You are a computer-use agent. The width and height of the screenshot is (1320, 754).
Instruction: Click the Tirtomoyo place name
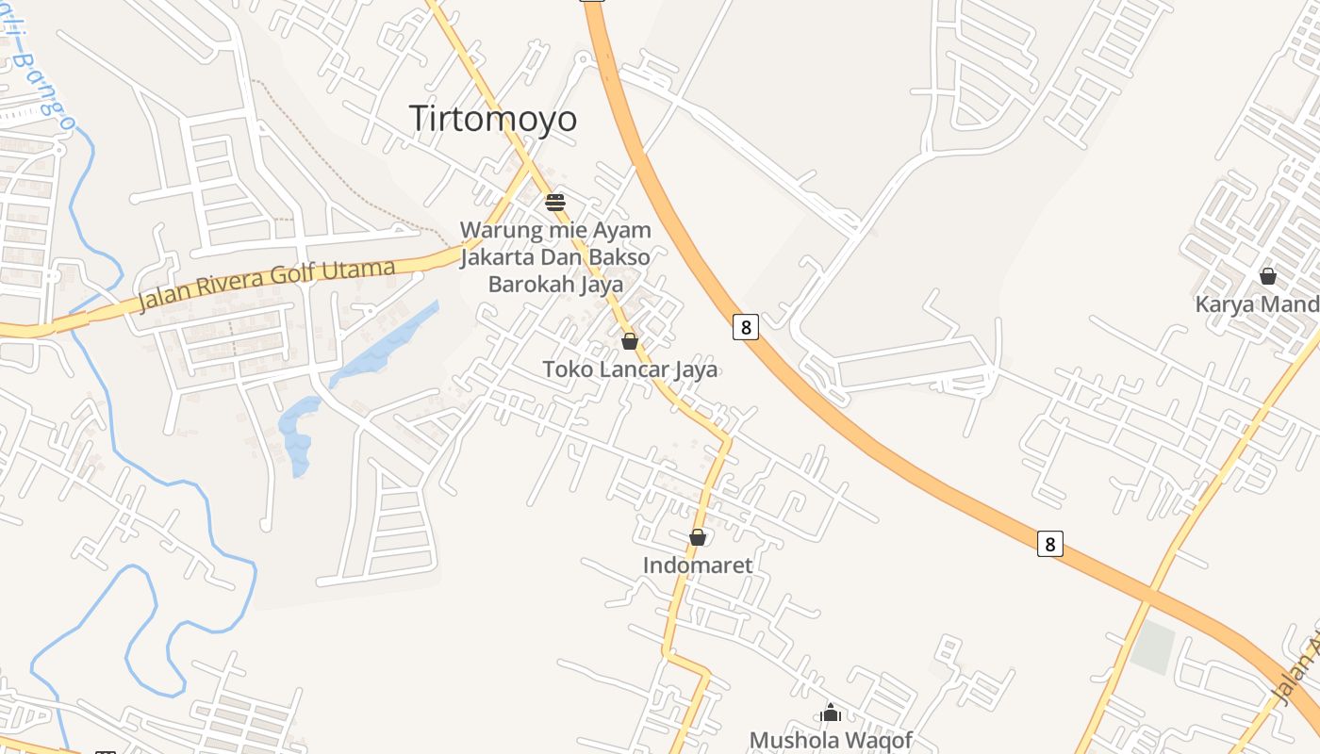click(x=493, y=119)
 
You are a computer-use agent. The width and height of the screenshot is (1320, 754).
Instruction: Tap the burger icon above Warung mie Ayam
click(x=554, y=202)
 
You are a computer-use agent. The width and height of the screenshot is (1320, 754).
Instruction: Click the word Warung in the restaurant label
click(x=499, y=230)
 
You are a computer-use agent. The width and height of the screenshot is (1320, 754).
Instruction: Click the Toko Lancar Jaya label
click(x=630, y=369)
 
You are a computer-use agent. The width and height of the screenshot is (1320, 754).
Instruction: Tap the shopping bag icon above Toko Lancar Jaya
click(x=630, y=341)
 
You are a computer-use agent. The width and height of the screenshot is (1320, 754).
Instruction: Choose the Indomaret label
click(x=698, y=565)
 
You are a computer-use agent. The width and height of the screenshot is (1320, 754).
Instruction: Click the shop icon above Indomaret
click(x=698, y=537)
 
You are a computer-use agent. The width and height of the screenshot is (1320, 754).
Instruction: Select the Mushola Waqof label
click(x=831, y=740)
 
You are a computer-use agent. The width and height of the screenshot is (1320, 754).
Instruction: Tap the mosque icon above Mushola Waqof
click(x=831, y=713)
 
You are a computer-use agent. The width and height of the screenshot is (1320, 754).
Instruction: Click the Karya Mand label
click(x=1257, y=304)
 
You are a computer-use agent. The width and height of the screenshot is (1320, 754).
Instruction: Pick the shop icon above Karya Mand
click(x=1268, y=276)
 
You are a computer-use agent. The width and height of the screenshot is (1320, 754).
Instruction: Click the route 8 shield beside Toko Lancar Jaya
click(x=745, y=327)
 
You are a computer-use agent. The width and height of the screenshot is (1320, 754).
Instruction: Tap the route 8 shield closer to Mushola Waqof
click(x=1049, y=544)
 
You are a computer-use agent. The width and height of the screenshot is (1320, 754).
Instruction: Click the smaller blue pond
click(x=299, y=434)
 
